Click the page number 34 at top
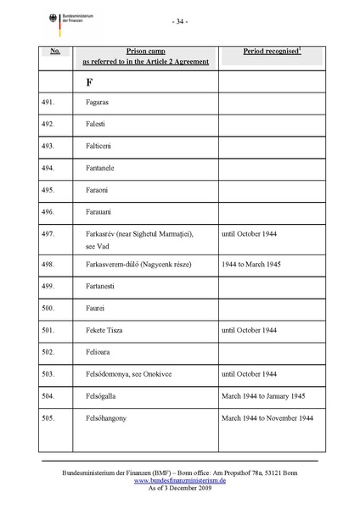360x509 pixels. click(179, 20)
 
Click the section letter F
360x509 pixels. click(88, 82)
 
